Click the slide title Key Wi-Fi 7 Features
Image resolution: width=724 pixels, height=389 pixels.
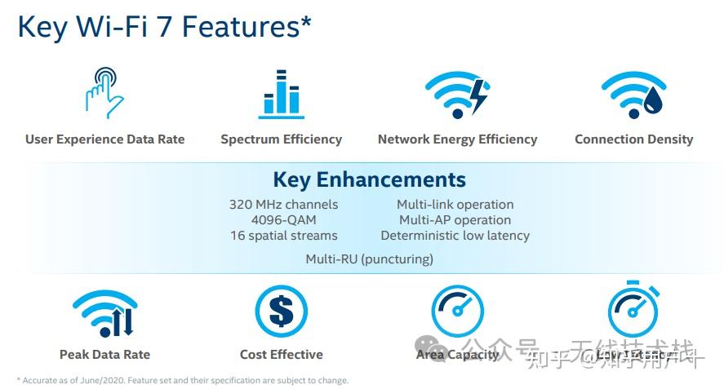[163, 26]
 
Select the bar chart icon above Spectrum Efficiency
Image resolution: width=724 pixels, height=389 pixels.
[281, 95]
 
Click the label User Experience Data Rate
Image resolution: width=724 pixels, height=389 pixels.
[104, 139]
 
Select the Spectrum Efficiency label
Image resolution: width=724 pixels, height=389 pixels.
[281, 139]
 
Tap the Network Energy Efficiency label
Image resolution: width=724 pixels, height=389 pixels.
[457, 139]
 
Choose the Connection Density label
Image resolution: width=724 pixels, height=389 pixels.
[633, 139]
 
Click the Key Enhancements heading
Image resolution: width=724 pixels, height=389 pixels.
[369, 179]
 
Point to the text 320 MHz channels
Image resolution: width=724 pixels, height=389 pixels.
[283, 205]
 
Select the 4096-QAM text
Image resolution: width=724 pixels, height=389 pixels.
[283, 220]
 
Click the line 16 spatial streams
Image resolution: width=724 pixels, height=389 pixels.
[283, 236]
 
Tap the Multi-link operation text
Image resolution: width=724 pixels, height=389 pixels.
[455, 205]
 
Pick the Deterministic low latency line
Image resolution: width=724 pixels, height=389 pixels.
[455, 236]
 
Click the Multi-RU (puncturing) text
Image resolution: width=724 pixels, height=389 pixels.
[369, 259]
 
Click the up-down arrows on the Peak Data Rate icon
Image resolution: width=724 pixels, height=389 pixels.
[122, 322]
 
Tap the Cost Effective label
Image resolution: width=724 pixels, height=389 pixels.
[281, 355]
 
